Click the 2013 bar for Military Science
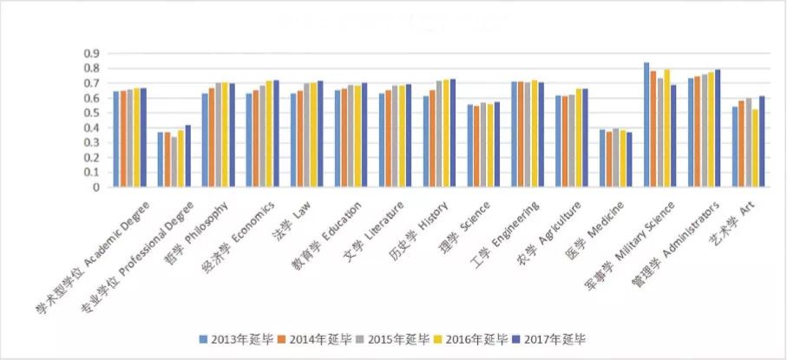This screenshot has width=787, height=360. (646, 125)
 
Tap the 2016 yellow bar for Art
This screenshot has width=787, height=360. (756, 148)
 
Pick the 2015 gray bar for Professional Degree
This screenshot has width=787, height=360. (174, 162)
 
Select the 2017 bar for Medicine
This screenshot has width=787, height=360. (630, 160)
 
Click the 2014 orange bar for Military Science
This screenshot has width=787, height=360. (653, 129)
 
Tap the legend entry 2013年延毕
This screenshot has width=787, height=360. (233, 338)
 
